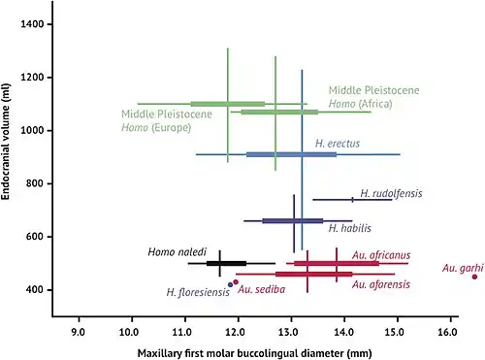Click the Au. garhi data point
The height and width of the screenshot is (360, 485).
coord(474,277)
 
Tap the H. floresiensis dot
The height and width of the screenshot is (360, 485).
coord(230,284)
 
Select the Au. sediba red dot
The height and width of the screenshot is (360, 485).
coord(236,282)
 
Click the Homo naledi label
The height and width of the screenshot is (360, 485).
coord(177,252)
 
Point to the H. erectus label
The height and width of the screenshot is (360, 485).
coord(338,144)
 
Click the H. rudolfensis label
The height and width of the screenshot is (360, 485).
coord(391,193)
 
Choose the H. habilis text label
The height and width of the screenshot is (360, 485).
coord(350,228)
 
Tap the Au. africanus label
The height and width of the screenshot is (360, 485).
coord(381,255)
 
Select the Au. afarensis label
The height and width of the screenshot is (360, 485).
coord(381,284)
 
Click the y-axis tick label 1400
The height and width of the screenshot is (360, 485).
coord(32,24)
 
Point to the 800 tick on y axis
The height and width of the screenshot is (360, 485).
coord(35,183)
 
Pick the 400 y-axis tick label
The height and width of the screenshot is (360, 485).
coord(35,289)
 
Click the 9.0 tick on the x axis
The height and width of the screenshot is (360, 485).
coord(79,332)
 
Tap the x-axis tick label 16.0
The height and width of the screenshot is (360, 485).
coord(450,332)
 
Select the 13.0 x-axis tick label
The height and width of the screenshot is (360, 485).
coord(291,332)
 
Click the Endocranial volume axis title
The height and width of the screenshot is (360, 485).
coord(6,142)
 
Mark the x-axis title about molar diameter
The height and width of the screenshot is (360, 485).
coord(255,353)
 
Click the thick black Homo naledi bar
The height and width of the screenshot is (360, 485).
coord(226,263)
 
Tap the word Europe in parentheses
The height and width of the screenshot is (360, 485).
coord(172,127)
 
